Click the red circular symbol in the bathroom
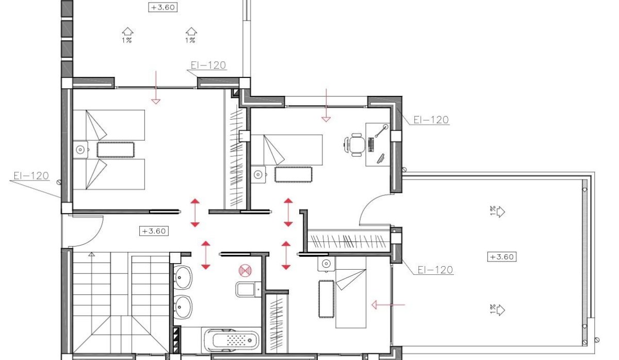244,270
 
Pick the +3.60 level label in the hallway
153,231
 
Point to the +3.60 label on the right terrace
503,256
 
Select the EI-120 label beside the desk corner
431,120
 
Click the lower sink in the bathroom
183,307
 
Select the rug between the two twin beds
115,150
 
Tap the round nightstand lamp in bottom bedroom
325,264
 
